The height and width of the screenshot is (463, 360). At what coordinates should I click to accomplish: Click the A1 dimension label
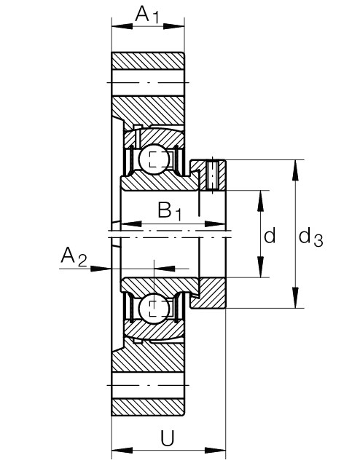(147, 15)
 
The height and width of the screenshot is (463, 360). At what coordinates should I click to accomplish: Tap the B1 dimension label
(170, 211)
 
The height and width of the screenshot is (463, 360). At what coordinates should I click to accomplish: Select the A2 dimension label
(74, 256)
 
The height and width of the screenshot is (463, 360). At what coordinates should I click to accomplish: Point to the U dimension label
(168, 438)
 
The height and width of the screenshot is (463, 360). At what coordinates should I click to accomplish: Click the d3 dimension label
(310, 237)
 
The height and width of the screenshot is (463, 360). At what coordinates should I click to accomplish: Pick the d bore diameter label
(270, 235)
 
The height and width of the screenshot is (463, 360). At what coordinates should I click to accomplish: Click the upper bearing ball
(154, 159)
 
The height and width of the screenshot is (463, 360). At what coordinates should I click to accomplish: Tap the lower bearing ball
(154, 309)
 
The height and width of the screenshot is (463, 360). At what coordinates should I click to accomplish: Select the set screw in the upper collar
(212, 175)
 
